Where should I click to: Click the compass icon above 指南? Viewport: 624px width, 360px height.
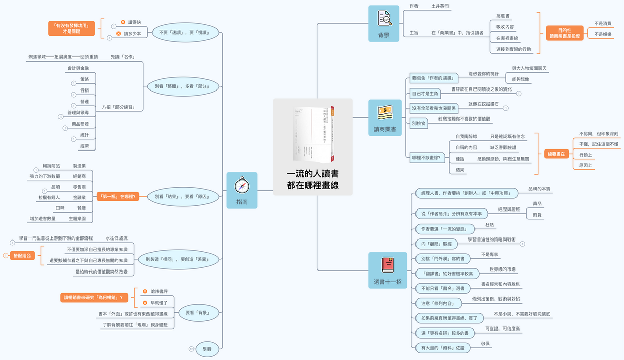(242, 185)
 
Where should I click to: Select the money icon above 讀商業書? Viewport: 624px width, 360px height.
(385, 111)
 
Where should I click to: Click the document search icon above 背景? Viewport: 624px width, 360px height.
(384, 19)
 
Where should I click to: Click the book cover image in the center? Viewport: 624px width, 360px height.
(313, 132)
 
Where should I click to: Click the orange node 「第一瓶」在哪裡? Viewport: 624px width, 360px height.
(117, 196)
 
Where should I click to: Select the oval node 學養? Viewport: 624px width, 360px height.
(207, 349)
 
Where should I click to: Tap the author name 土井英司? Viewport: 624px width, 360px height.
(440, 6)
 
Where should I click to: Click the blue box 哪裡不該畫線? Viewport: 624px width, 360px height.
(426, 157)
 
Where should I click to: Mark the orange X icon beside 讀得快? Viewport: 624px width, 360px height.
(123, 22)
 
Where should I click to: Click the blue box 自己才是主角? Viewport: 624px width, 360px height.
(426, 93)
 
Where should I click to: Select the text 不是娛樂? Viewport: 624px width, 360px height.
(603, 34)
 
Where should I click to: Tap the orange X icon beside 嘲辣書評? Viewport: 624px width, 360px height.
(145, 291)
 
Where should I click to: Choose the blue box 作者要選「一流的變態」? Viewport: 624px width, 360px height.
(441, 229)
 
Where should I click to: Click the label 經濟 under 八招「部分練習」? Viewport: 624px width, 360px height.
(84, 146)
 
